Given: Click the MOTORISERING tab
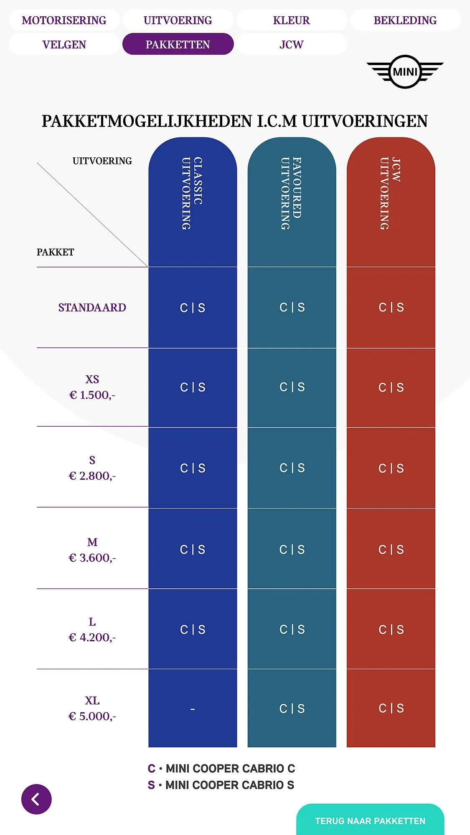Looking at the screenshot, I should tap(64, 20).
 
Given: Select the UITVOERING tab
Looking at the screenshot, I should tap(178, 20).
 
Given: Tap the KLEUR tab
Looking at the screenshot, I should tap(291, 20).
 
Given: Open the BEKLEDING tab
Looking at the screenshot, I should tap(405, 20).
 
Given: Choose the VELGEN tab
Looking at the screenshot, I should tap(64, 44).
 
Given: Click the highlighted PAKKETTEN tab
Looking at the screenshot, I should tap(178, 44).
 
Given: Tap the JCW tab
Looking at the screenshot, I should tap(291, 44).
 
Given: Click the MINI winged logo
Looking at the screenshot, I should tap(405, 72).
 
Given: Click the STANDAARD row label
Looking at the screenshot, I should tap(92, 308).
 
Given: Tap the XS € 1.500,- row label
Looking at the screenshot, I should tap(92, 387).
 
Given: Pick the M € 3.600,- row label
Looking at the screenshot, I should tap(92, 550).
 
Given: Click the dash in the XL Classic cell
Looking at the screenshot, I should tap(193, 709).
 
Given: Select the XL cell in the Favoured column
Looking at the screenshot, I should tap(292, 708).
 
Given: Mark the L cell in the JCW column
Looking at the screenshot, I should tap(391, 629).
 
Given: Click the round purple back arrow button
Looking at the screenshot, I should tap(36, 799).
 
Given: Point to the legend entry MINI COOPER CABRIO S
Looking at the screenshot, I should tap(221, 785).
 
